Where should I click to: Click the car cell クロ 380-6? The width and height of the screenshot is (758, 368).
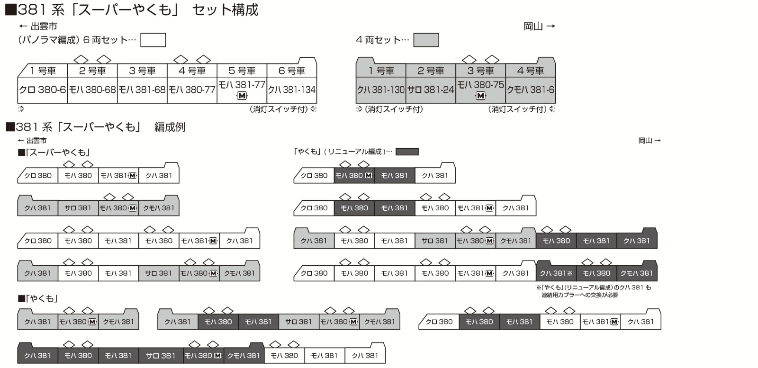point(42,90)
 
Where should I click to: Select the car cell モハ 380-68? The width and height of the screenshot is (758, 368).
point(92,90)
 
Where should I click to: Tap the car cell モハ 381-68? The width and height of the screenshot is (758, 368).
point(142,90)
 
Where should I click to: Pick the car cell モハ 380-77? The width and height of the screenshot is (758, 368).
point(192,90)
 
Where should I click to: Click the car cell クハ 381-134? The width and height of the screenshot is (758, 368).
point(292,90)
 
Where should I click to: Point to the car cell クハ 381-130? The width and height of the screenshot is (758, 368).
point(381,90)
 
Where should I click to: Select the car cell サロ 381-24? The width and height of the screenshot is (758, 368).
point(431,90)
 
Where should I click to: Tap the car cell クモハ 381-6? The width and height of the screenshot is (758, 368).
point(531,90)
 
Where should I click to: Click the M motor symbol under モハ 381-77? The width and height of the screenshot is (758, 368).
point(242,96)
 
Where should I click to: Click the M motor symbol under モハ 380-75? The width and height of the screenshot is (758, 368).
point(480,96)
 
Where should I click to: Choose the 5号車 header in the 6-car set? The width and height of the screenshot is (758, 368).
point(242,71)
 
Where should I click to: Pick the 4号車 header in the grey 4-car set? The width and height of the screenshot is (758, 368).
point(531,71)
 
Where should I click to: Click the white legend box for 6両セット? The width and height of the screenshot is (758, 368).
point(153,40)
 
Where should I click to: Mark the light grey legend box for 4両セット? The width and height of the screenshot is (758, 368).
point(426,40)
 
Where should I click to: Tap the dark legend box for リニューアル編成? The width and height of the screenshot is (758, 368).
point(407,152)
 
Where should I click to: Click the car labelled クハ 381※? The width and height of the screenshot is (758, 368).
point(556,273)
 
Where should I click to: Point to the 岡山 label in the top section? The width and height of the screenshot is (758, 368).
point(533,26)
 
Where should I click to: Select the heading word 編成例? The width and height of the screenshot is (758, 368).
point(170,127)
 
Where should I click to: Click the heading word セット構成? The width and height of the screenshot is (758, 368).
point(226,10)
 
